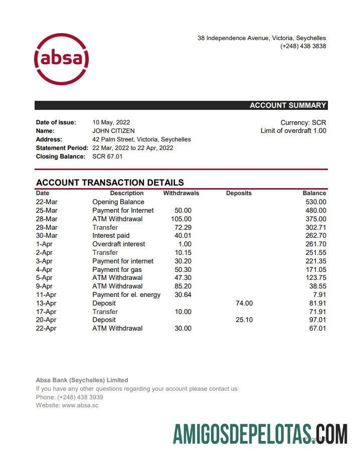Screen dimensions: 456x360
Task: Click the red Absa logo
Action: pos(61,59)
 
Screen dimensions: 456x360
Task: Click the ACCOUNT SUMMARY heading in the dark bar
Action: pos(288,105)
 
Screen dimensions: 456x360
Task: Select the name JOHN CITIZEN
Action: pos(113,131)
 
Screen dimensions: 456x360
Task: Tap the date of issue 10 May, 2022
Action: pos(111,122)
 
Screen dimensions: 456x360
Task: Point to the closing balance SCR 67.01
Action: pos(107,157)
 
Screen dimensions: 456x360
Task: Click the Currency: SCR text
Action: pos(303,122)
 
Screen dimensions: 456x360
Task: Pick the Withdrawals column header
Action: pos(181,193)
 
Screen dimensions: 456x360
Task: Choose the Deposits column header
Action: pos(239,193)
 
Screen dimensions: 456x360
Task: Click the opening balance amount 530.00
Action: pos(315,202)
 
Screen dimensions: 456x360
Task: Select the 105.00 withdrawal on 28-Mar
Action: pos(181,219)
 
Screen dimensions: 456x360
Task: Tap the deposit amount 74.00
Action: pos(244,303)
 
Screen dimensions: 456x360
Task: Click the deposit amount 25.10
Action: pos(244,320)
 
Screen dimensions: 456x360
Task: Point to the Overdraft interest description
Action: pos(118,244)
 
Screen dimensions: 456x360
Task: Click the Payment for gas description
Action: pos(117,269)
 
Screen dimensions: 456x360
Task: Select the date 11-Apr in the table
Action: pos(46,295)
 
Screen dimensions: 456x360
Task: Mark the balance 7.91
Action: pos(319,295)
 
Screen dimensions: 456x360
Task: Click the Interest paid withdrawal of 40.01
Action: pos(183,236)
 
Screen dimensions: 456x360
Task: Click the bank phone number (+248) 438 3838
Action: pos(303,46)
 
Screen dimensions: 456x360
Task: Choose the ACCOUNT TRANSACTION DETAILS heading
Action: pos(110,183)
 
